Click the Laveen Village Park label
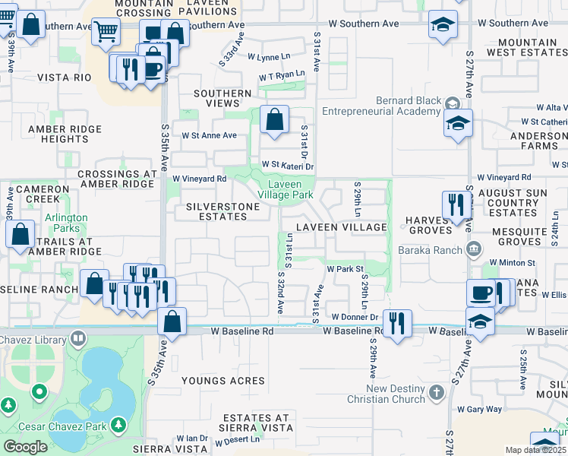tap(286, 189)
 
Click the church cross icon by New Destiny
tap(436, 393)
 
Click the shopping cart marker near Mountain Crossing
tap(106, 31)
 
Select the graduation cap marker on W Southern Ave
tap(442, 24)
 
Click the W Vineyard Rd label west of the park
tap(200, 179)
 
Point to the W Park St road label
tap(346, 269)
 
